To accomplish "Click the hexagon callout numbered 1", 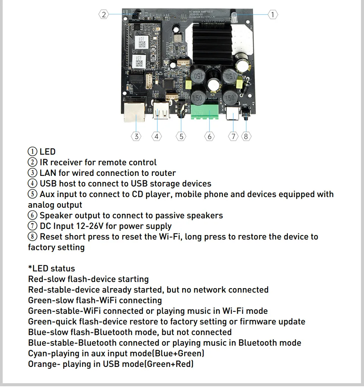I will pos(273,15).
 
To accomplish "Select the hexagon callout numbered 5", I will pos(181,136).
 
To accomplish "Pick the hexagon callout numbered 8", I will pos(246,136).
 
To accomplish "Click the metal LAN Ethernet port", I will pos(135,110).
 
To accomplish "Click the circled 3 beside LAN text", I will pos(33,173).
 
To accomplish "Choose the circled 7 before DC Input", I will pos(33,226).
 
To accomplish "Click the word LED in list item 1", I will pos(48,152).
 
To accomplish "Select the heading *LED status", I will pos(52,269).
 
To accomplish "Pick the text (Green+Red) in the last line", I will pos(170,364).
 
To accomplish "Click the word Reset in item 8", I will pos(51,237).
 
